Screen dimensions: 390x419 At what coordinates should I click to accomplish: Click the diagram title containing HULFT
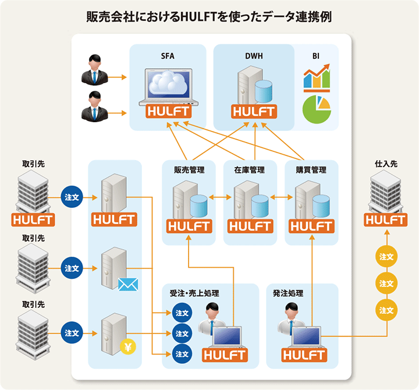click(x=209, y=16)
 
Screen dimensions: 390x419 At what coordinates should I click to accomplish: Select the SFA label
click(x=168, y=56)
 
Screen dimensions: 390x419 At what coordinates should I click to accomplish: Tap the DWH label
click(x=254, y=56)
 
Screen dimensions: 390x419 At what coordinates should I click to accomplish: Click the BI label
click(x=316, y=56)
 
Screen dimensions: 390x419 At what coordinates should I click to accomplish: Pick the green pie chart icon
click(x=316, y=108)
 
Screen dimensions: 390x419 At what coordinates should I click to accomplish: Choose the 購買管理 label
click(x=311, y=170)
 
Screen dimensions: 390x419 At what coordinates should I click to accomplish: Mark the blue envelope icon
click(x=128, y=284)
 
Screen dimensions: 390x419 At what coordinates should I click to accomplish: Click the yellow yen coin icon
click(x=127, y=348)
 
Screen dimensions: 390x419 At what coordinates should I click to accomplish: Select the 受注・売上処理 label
click(x=194, y=293)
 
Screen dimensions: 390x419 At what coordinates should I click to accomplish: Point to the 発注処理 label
click(x=288, y=293)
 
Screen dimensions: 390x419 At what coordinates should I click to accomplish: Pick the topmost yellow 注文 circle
click(x=386, y=256)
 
